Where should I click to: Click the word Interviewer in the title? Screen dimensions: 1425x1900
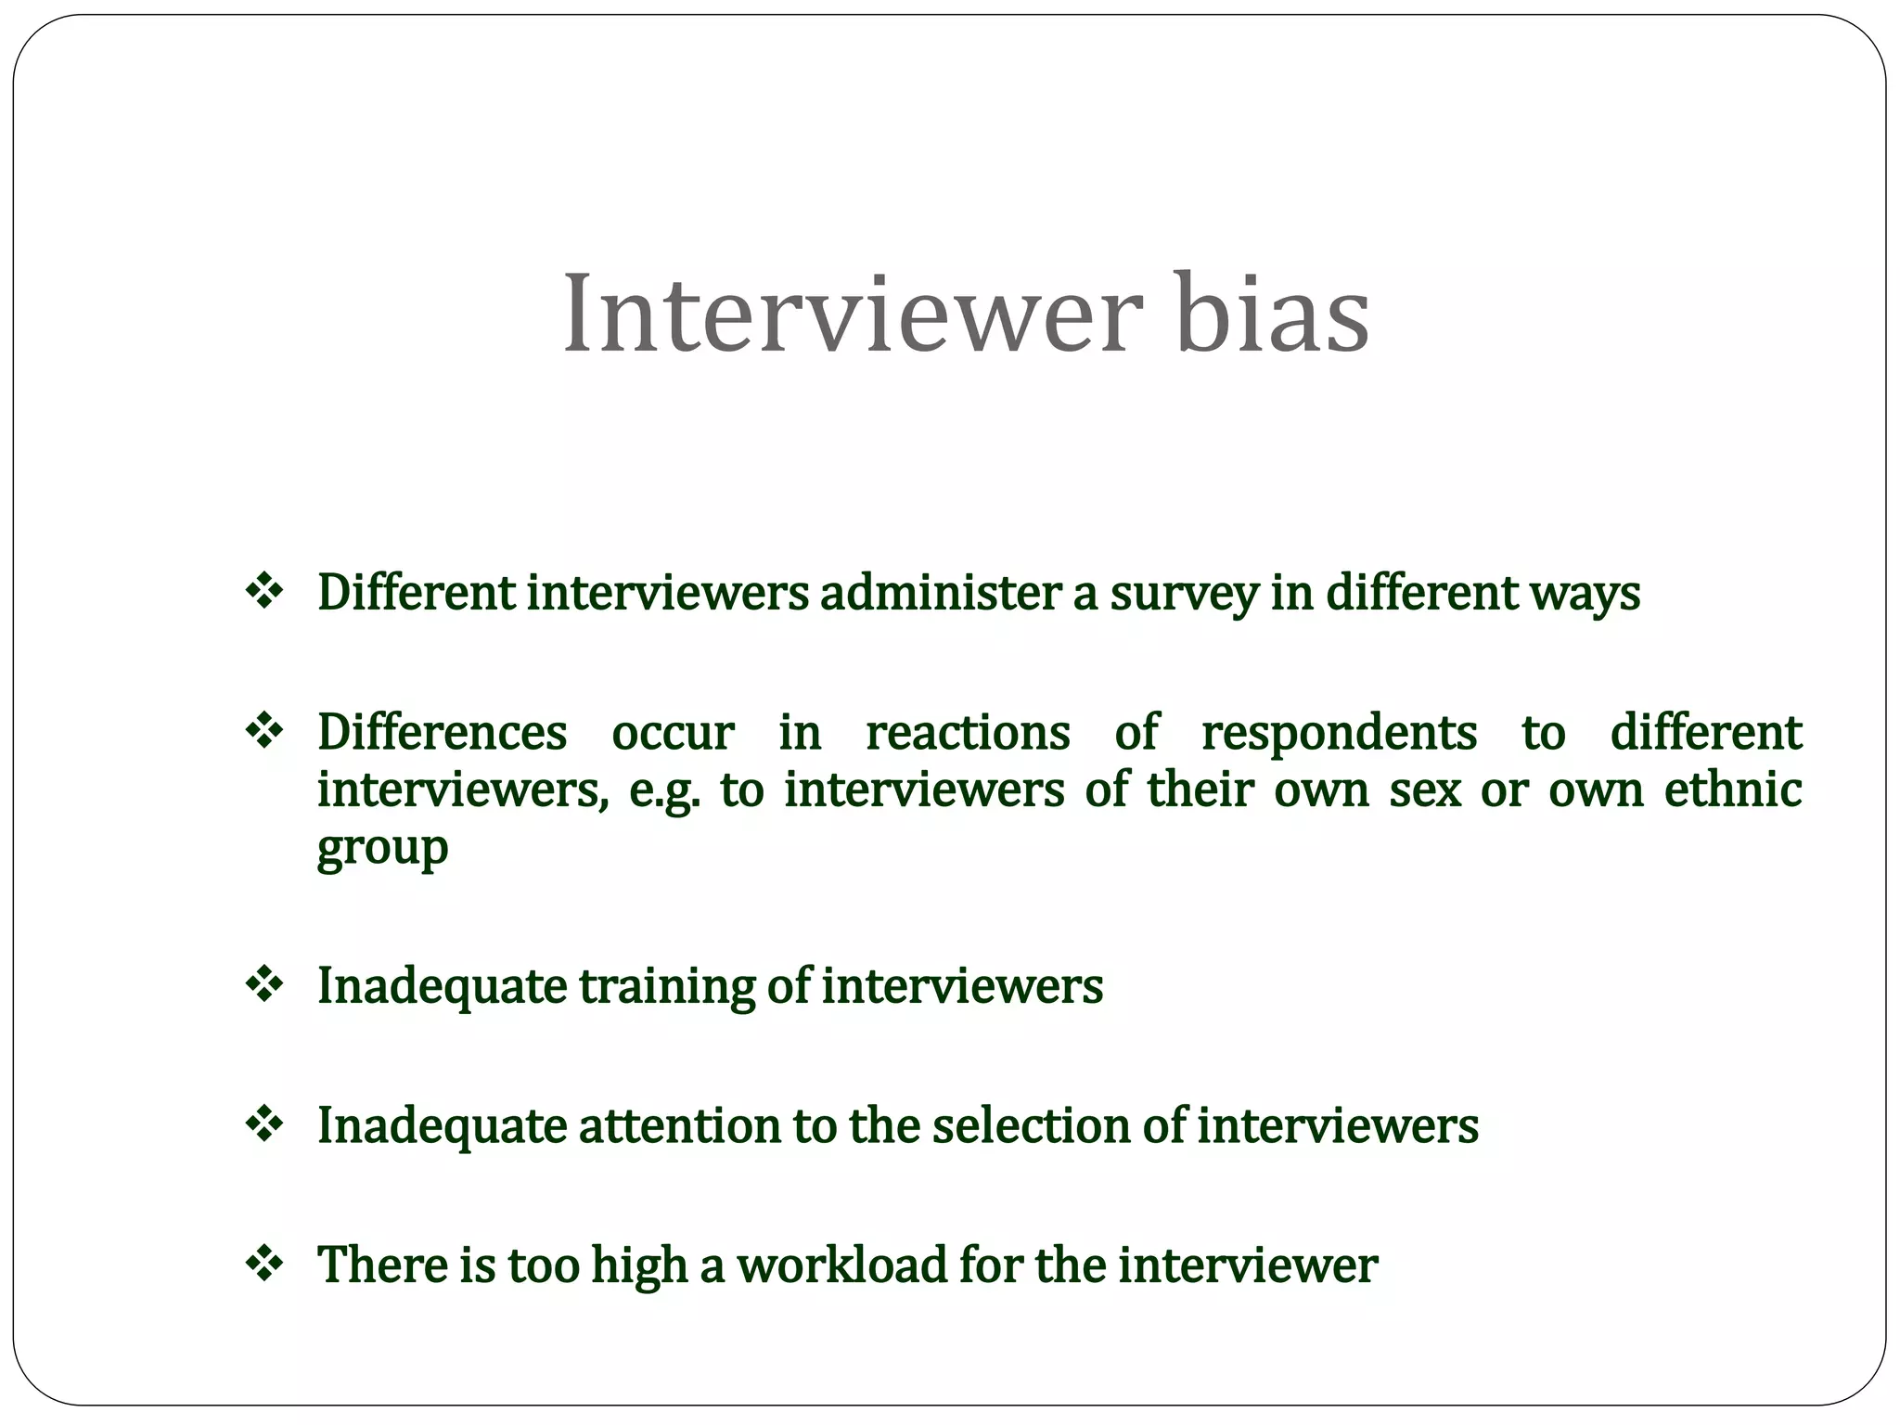(850, 313)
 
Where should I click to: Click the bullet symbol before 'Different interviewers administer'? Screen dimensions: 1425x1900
(264, 592)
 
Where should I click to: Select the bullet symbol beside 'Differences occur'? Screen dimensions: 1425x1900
(264, 731)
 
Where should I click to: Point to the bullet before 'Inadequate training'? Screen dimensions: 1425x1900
(264, 984)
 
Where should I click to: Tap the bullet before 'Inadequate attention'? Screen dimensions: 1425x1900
(264, 1124)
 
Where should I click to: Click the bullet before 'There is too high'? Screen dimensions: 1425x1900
(264, 1264)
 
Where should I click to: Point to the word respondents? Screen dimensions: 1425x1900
(1339, 733)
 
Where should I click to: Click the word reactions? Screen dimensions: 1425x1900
(968, 733)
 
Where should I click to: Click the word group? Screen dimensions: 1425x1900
(382, 848)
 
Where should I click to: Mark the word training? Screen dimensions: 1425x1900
(666, 986)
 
